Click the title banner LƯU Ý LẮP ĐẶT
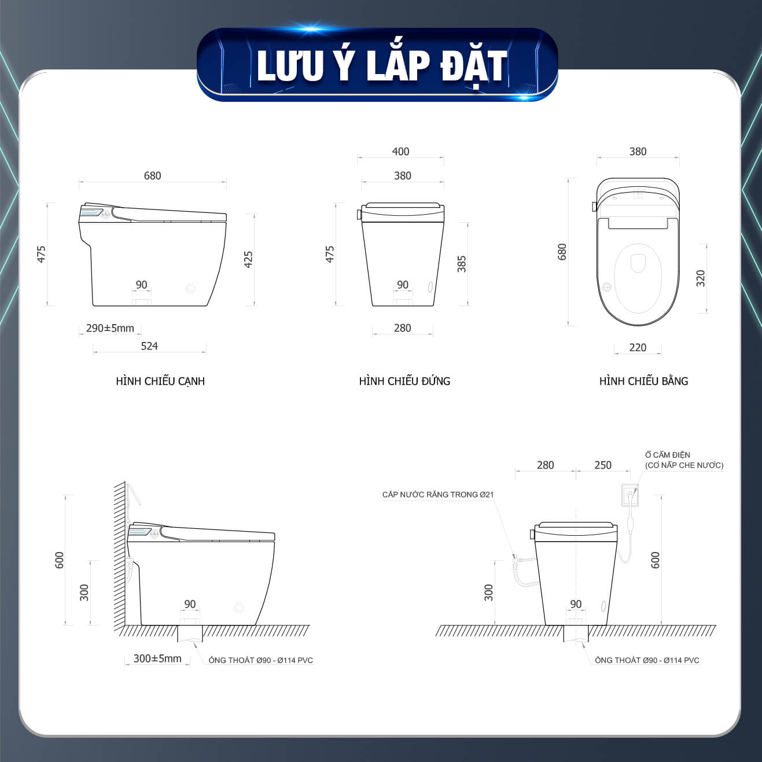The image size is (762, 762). (377, 65)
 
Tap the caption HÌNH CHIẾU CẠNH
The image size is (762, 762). (160, 381)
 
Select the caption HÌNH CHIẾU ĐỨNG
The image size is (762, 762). (404, 381)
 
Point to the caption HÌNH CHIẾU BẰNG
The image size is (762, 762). (644, 381)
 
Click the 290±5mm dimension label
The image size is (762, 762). (110, 328)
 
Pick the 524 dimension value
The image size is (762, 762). (149, 347)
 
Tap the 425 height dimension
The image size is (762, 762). (248, 259)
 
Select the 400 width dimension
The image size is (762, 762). (400, 152)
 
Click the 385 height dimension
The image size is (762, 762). (462, 264)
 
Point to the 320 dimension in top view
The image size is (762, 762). (701, 278)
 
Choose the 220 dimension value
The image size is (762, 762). (638, 348)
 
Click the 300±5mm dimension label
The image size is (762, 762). (157, 659)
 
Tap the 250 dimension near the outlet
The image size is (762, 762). (603, 465)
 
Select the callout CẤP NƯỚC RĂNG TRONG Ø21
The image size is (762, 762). (438, 495)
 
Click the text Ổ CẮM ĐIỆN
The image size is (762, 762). (668, 455)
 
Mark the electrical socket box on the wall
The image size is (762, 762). (630, 495)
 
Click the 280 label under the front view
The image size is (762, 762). (403, 328)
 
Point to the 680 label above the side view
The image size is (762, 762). (152, 175)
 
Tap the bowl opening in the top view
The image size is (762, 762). (638, 278)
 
